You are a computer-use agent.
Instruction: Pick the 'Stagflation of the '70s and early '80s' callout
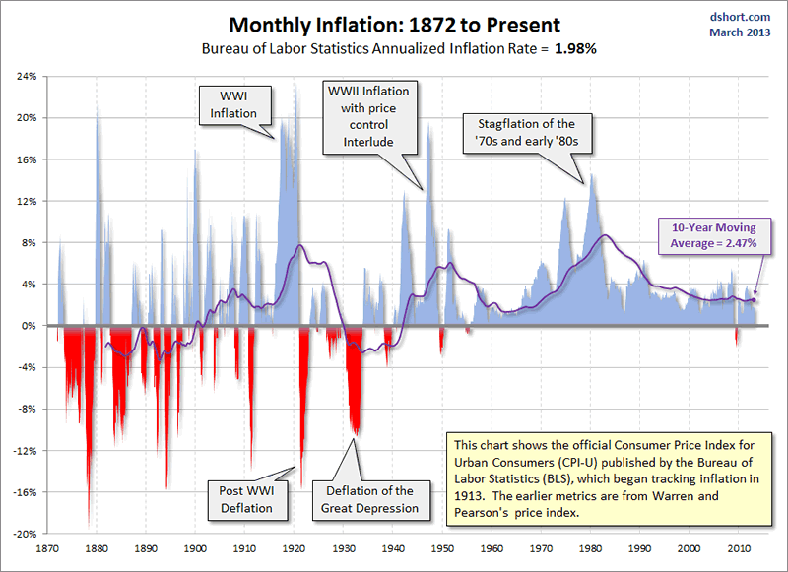[x=527, y=135]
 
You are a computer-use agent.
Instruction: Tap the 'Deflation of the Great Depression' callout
[x=368, y=499]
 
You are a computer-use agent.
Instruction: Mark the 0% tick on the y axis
[x=30, y=326]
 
